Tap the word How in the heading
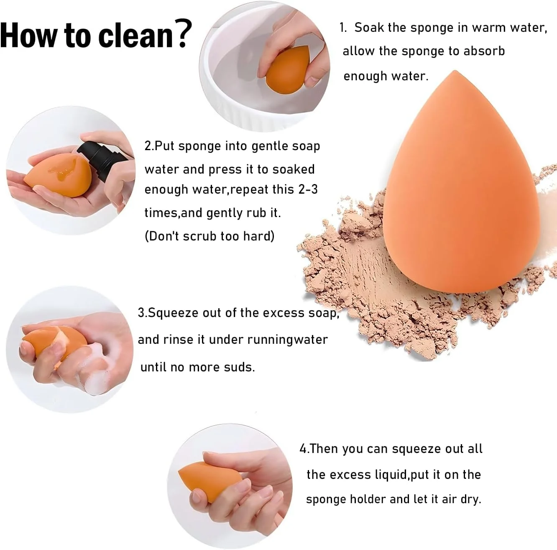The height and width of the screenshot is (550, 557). click(x=28, y=36)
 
